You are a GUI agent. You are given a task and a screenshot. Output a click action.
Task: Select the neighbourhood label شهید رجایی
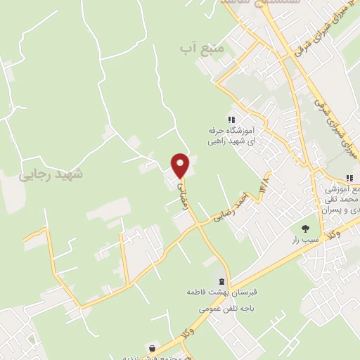coord(51,174)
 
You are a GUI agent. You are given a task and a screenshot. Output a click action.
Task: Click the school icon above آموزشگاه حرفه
coord(231,119)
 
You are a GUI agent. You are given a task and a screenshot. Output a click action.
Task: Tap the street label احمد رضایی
coord(233,211)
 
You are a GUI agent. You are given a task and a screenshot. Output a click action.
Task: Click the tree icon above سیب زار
coord(305,228)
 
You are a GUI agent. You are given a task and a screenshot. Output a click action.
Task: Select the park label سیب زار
coord(307,240)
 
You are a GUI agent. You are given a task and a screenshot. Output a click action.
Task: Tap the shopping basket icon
coord(153,347)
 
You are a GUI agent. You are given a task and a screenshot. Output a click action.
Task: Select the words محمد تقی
coord(340,200)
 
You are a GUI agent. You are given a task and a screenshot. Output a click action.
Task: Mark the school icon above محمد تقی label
coord(349,179)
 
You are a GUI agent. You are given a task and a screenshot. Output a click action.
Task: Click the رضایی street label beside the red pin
coord(185,184)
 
